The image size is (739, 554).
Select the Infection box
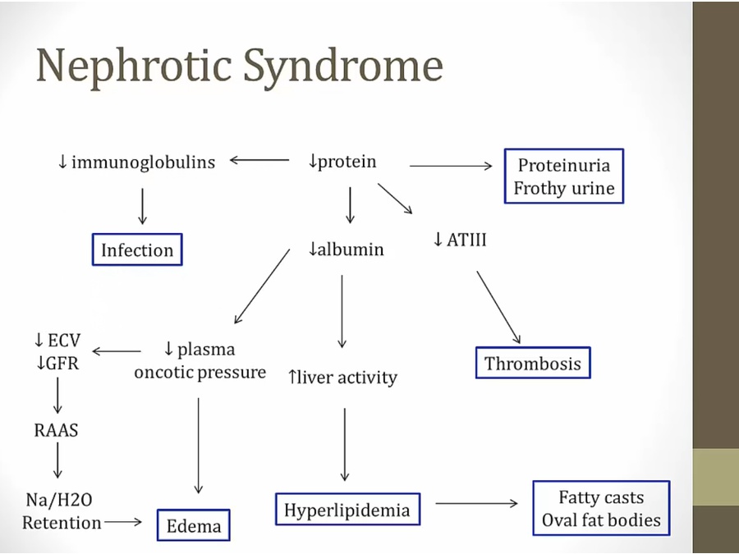click(137, 250)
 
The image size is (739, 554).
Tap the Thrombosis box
click(533, 364)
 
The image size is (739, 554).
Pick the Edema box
click(194, 524)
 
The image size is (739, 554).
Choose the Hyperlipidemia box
click(347, 510)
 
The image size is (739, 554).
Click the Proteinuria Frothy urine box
click(563, 176)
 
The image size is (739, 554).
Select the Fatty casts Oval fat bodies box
click(601, 509)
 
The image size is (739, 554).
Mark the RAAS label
click(57, 429)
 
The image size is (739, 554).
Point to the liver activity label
click(342, 377)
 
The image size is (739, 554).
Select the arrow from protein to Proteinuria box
click(450, 166)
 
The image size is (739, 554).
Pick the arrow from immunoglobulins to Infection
click(142, 206)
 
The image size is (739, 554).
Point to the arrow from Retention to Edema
click(123, 521)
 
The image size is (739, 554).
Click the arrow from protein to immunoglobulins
click(259, 161)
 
